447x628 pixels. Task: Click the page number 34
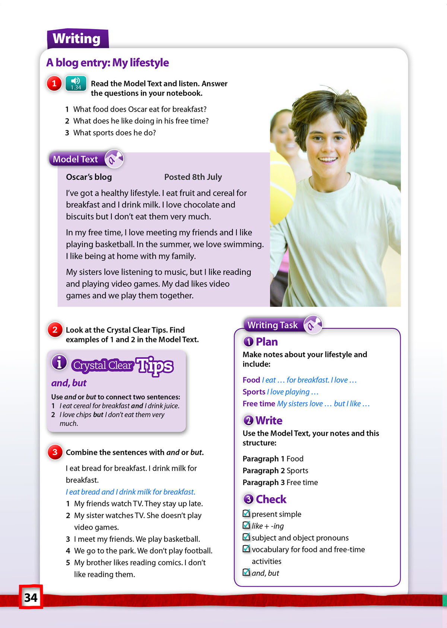tap(31, 597)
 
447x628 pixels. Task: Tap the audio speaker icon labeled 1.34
tap(76, 83)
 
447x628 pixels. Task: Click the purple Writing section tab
tap(77, 39)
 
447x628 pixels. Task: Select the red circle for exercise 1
tap(54, 83)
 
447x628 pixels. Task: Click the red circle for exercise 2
tap(55, 330)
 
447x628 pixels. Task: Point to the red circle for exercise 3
tap(55, 452)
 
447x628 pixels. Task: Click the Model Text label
tap(75, 159)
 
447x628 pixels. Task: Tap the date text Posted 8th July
tap(193, 177)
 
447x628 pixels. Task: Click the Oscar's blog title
tap(89, 177)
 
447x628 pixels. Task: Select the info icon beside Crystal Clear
tap(59, 362)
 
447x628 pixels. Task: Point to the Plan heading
tap(266, 342)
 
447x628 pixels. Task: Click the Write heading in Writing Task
tap(269, 421)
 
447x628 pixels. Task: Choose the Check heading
tap(271, 499)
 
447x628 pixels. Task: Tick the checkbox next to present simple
tap(246, 514)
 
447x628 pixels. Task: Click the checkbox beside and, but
tap(246, 573)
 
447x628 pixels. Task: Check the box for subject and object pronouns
tap(246, 537)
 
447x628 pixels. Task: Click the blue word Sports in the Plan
tap(254, 392)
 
